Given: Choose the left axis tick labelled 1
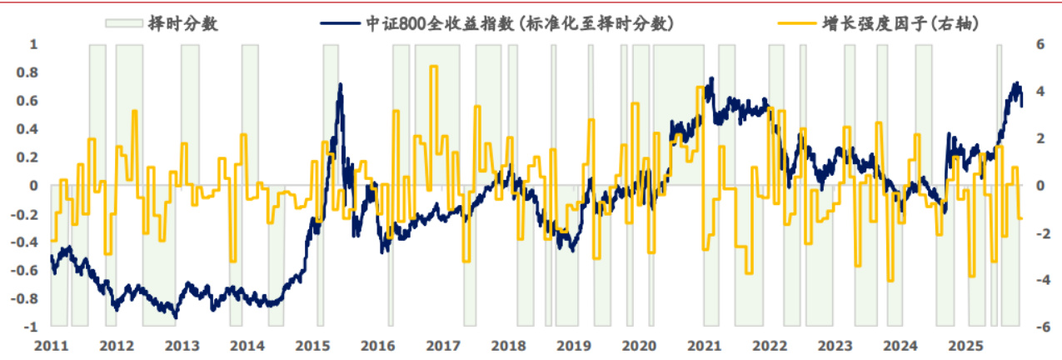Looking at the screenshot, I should [x=34, y=44].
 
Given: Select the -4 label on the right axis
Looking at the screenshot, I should [x=1038, y=280].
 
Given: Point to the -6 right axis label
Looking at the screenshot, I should [x=1038, y=327].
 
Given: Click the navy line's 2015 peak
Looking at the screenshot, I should [x=340, y=84].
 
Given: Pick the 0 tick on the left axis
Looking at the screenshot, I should [x=34, y=186].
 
